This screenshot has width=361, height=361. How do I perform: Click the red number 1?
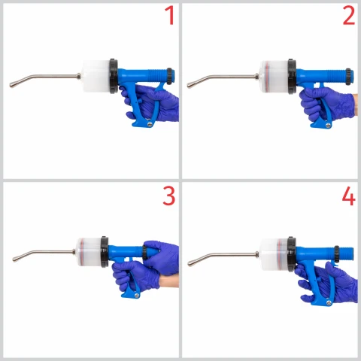[170, 16]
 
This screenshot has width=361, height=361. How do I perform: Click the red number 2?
[349, 16]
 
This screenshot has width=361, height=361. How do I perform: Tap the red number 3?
[169, 196]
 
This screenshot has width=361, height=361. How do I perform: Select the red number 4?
[348, 196]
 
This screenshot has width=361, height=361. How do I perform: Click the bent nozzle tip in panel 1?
[11, 85]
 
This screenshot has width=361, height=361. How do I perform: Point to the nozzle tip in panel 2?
[190, 85]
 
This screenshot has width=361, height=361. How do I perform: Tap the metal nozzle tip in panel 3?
[14, 259]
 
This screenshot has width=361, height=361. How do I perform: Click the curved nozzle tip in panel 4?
[190, 262]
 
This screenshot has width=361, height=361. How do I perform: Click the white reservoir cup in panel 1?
[96, 76]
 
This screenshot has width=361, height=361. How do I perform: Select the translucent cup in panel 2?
[275, 77]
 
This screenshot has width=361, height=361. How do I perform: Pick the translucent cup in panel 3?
[89, 252]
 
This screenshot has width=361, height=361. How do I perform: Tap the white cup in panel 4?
[275, 254]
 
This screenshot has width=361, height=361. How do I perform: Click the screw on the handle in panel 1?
[150, 124]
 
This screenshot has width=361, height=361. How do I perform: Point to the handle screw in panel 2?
[328, 126]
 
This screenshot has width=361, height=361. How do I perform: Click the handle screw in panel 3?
[137, 296]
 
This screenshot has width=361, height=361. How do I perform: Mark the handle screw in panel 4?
[329, 302]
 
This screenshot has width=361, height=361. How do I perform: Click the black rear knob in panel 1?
[170, 76]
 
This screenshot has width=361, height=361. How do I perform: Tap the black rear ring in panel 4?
[337, 254]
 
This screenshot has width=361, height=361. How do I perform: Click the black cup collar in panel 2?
[292, 77]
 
